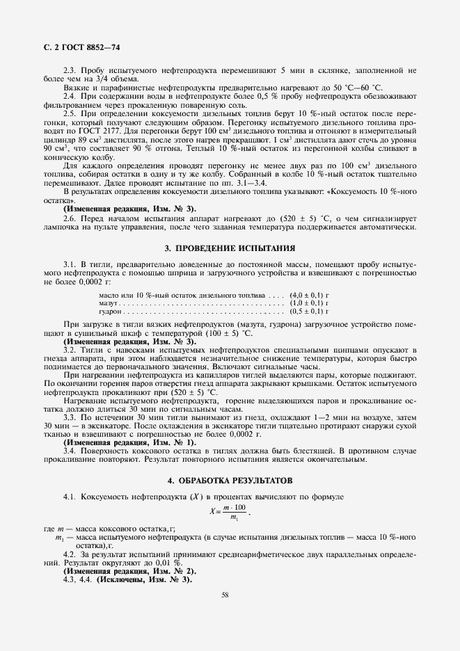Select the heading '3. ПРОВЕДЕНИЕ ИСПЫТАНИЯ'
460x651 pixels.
[x=230, y=248]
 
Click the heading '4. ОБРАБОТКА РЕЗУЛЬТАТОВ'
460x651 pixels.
[x=230, y=481]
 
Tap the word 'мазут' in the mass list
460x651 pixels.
[x=109, y=303]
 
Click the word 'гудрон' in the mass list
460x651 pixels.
[x=111, y=312]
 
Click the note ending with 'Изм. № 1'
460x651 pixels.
[x=129, y=442]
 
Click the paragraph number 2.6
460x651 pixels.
[x=70, y=219]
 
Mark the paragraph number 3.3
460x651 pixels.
[x=70, y=417]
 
